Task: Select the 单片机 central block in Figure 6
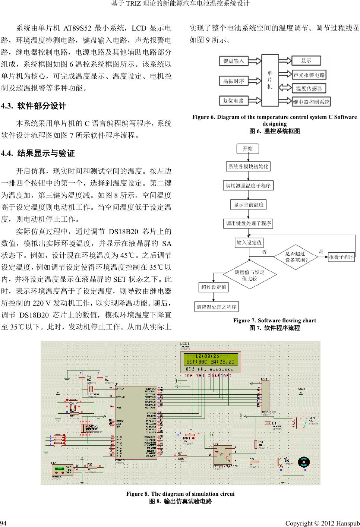point(270,80)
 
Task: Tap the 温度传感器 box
point(309,88)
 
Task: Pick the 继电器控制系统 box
point(311,102)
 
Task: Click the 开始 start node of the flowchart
point(248,148)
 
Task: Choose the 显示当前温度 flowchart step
point(249,205)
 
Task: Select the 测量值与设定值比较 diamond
point(249,275)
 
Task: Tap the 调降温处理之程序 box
point(217,307)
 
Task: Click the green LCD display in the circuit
point(210,359)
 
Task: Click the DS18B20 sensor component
point(62,470)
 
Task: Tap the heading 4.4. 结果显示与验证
point(38,153)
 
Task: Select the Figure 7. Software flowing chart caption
point(274,321)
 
